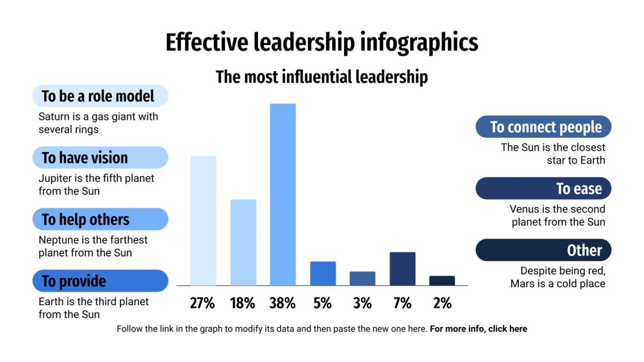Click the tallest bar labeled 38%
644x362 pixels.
click(x=283, y=194)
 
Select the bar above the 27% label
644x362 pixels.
click(x=203, y=221)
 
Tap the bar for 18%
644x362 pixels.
click(x=243, y=242)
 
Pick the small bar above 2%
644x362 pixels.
click(x=442, y=280)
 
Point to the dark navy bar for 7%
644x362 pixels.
click(x=402, y=268)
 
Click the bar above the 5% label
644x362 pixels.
click(x=322, y=273)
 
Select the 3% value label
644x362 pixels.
click(x=362, y=303)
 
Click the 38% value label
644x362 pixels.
click(x=283, y=303)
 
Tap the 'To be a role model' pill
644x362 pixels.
click(x=100, y=96)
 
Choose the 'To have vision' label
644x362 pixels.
click(x=100, y=158)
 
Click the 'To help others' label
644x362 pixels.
click(x=100, y=219)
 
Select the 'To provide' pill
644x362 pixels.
click(x=100, y=281)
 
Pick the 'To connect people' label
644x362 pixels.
click(x=543, y=127)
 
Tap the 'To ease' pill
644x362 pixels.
click(x=543, y=188)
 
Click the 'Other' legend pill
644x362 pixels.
click(x=543, y=250)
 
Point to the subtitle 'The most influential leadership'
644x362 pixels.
click(x=322, y=77)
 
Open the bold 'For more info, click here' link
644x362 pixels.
click(x=478, y=329)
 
